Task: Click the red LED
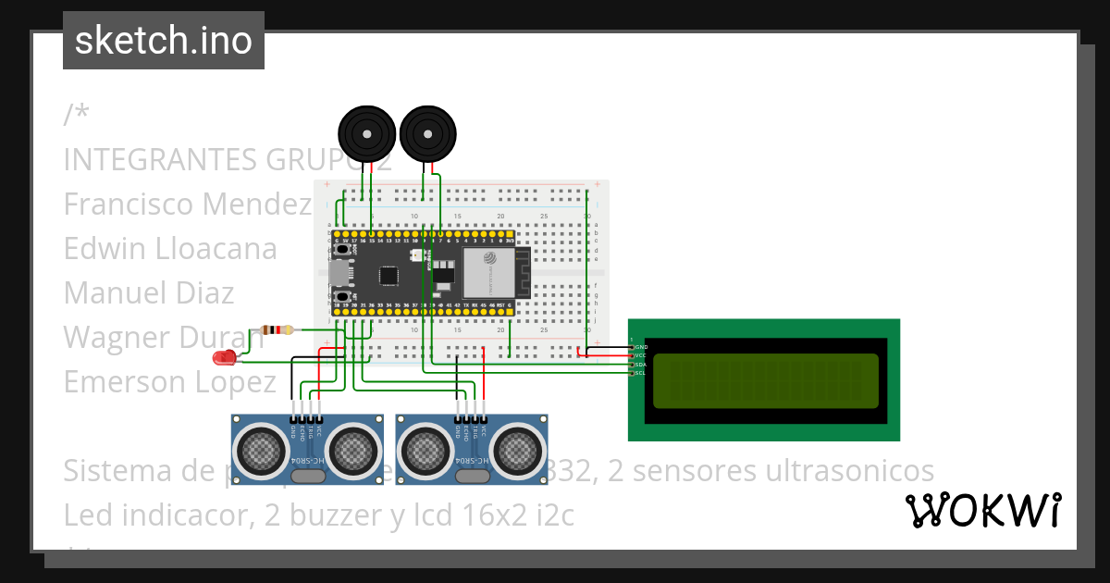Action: click(224, 357)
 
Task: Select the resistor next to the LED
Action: click(277, 329)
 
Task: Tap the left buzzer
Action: click(367, 134)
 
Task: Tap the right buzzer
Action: click(428, 134)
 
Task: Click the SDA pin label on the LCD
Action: click(640, 365)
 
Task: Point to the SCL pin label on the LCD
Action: click(640, 373)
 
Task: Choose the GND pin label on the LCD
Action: click(640, 347)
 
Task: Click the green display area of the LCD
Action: click(765, 381)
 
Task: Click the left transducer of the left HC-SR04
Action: click(262, 450)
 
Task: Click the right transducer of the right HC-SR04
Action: click(518, 450)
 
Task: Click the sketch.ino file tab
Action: click(164, 41)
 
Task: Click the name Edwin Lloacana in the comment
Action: click(170, 249)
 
